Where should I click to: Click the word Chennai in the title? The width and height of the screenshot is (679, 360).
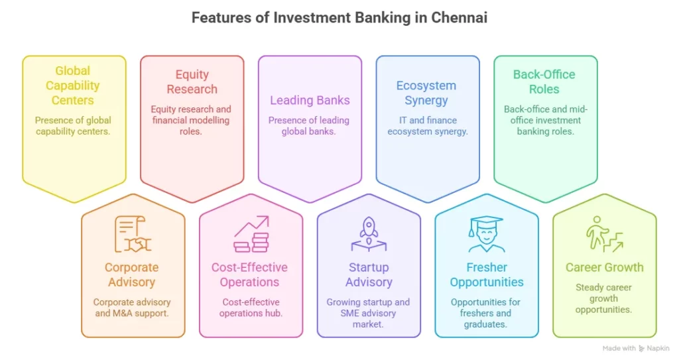coord(459,18)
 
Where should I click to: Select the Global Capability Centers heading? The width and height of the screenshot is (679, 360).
coord(73,86)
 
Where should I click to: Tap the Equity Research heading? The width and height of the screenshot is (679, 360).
coord(192,82)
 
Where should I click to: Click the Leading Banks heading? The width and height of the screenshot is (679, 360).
coord(310,100)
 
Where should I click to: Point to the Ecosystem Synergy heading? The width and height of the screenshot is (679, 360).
coord(426,93)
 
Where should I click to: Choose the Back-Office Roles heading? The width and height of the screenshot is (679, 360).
coord(544,82)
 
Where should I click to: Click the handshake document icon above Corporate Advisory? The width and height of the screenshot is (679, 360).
coord(132,235)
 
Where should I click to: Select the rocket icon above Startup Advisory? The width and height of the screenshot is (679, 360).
coord(369,234)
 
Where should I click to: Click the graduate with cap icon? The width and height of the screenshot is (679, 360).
coord(486,235)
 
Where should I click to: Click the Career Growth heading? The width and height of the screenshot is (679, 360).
coord(604,267)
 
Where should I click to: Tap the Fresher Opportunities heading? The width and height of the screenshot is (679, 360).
coord(486,274)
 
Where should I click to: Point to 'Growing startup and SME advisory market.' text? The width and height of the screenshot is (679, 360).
coord(368,312)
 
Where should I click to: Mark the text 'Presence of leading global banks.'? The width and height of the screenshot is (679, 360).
coord(310,126)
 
